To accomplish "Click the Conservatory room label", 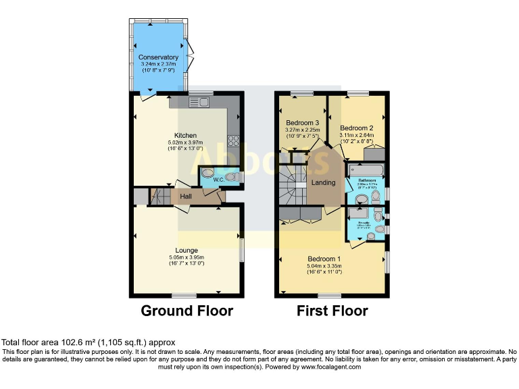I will click(x=159, y=57).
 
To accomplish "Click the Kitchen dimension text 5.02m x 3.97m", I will click(x=185, y=142).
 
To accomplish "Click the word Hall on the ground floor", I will click(x=186, y=197).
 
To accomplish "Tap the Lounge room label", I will click(x=186, y=250).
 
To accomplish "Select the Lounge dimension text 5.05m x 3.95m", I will click(x=186, y=257).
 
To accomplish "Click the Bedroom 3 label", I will click(x=302, y=122).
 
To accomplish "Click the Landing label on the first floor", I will click(x=323, y=182).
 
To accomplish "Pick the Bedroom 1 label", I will click(x=324, y=259).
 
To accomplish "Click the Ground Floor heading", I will click(x=187, y=311).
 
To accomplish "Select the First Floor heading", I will click(x=332, y=311).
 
